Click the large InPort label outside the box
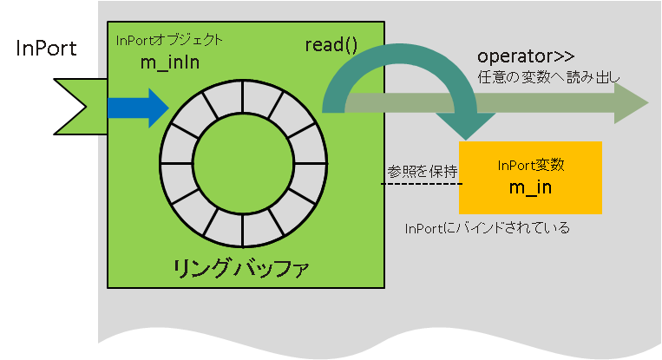point(47,48)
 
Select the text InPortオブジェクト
point(169,40)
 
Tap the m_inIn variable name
point(170,62)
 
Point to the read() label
point(331,45)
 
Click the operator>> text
point(526,56)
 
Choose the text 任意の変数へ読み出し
point(548,77)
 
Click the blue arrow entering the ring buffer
point(139,108)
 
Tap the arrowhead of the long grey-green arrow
point(631,103)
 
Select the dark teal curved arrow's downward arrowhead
point(466,126)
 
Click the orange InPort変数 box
point(530,178)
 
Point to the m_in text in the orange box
point(530,187)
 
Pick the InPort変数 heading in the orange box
point(531,165)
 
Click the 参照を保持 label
point(423,172)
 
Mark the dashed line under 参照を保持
point(422,184)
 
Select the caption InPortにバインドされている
point(488,228)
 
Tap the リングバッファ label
point(241,269)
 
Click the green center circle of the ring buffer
point(243,163)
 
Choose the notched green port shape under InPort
point(81,107)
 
